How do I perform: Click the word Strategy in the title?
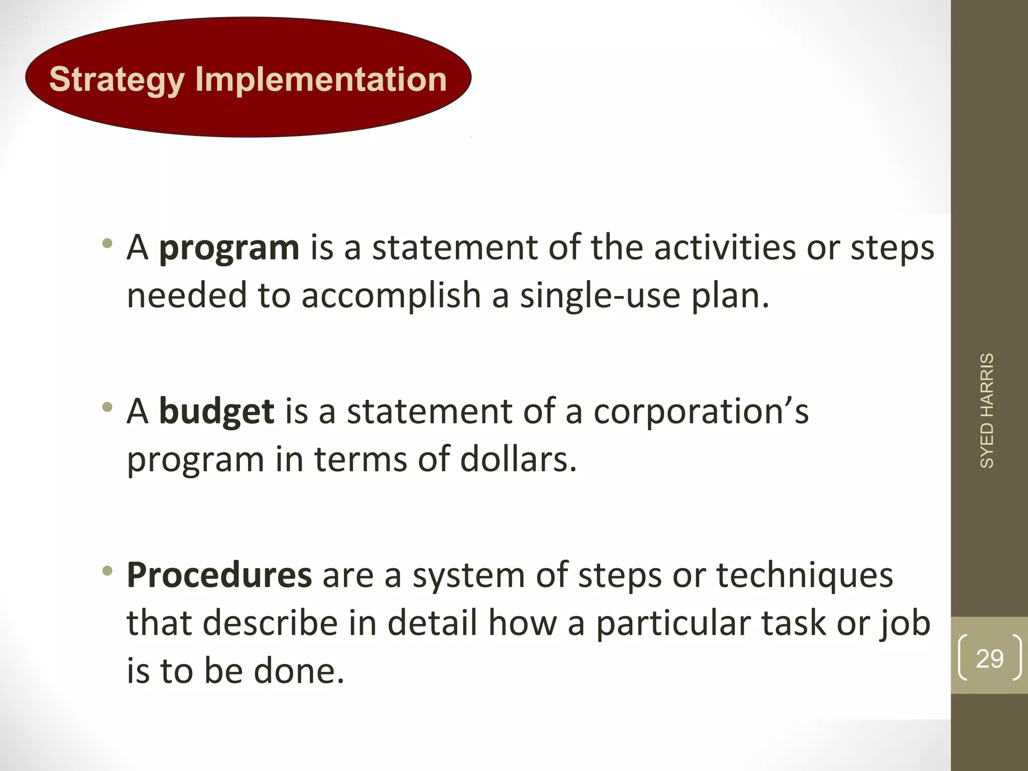(116, 80)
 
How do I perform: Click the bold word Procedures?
(219, 575)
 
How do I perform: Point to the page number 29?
(989, 658)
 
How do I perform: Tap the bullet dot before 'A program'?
(106, 244)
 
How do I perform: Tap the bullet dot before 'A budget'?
(106, 407)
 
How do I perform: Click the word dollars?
(518, 459)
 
